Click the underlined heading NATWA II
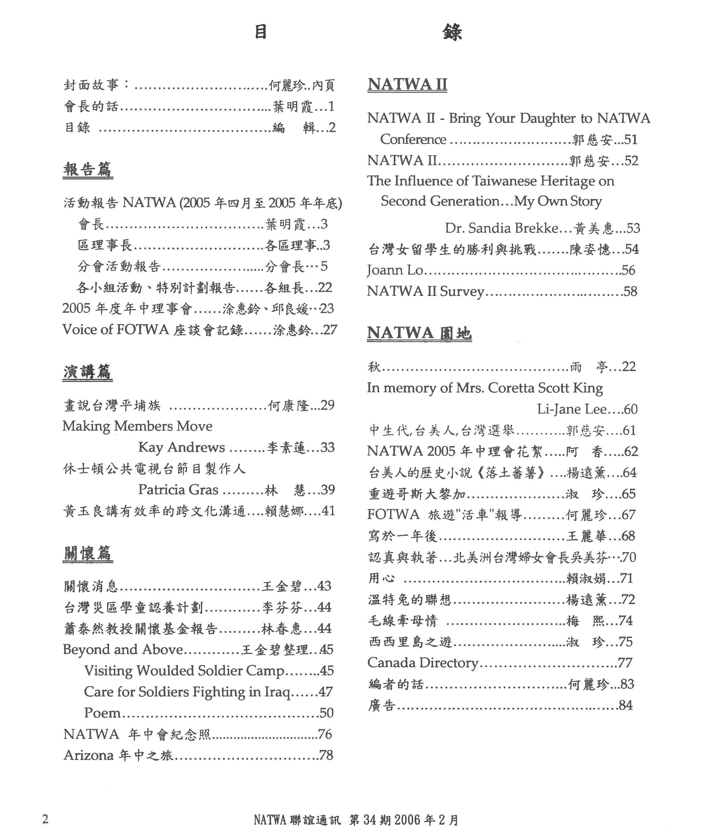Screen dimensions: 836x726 (407, 84)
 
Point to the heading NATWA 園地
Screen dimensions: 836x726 (419, 333)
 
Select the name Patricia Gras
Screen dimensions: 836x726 (178, 490)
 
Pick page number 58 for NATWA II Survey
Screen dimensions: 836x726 (630, 291)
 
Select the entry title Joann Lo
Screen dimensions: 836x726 (395, 270)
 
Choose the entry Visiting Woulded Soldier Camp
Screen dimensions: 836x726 (184, 671)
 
